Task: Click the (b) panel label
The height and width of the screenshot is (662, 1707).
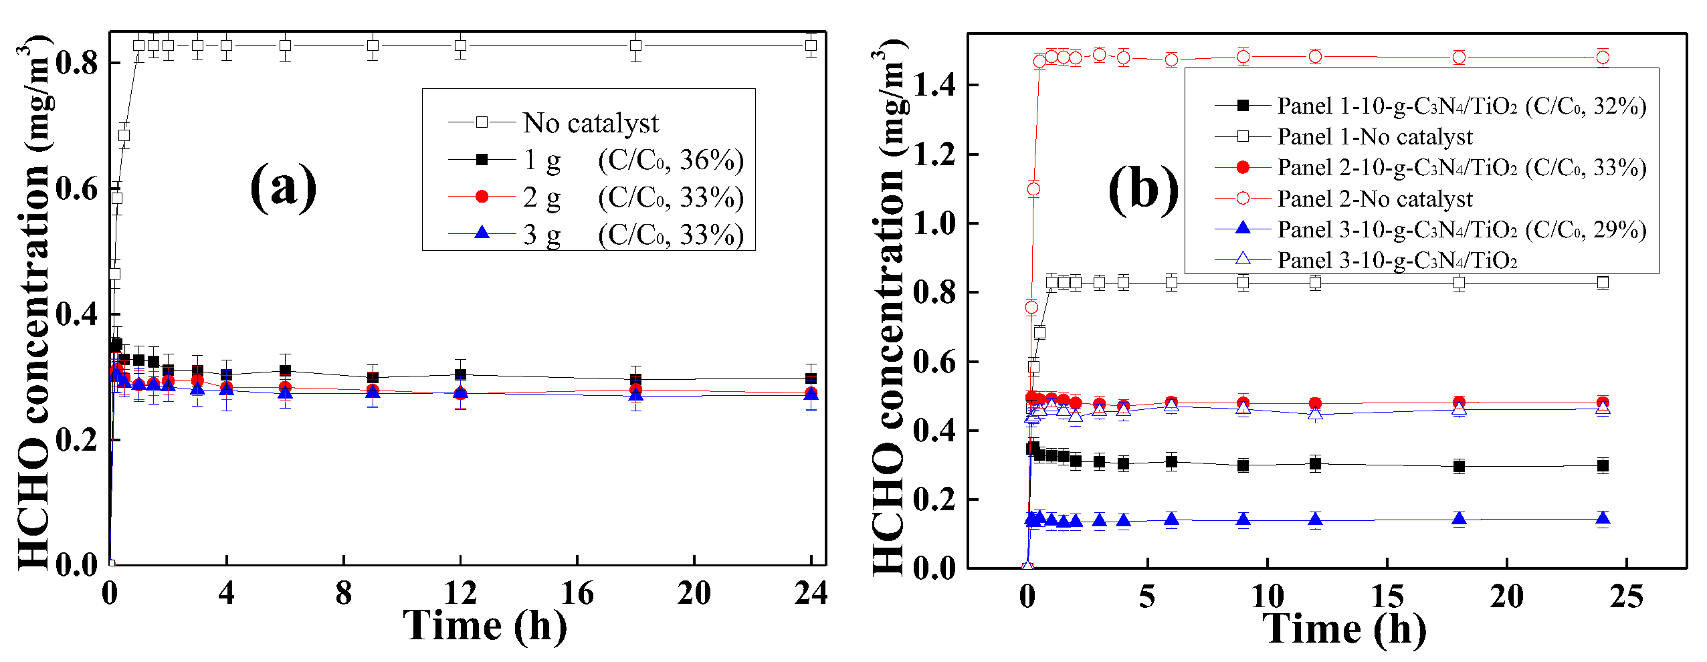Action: pos(1143,190)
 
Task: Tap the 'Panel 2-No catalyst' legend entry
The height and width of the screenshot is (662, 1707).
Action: pos(1375,199)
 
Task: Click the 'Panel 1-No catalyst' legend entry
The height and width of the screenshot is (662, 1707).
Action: pos(1375,137)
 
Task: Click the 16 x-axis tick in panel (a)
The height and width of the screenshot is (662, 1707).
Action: pos(577,593)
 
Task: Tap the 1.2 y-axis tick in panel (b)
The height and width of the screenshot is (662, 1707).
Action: pos(934,154)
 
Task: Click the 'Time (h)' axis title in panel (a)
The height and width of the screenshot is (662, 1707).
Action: pos(484,627)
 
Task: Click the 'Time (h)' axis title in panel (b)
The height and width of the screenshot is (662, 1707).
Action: pos(1344,629)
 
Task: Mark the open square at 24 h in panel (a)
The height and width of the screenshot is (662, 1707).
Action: pos(811,46)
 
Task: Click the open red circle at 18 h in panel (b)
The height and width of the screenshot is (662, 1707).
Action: pos(1459,58)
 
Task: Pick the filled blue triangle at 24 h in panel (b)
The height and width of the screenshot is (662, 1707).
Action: pos(1602,519)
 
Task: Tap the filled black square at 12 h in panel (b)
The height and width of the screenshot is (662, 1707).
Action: pos(1315,463)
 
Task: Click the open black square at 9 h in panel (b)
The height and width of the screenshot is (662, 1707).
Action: pos(1243,282)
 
